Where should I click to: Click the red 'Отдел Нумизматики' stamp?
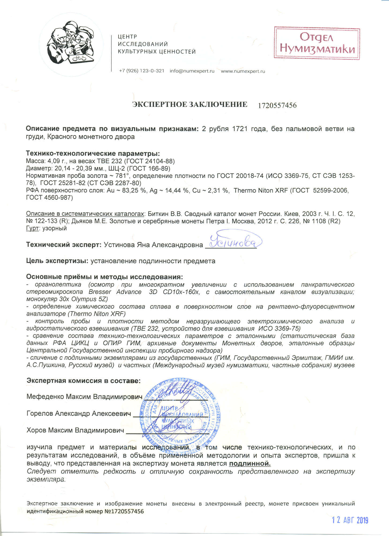tap(317, 43)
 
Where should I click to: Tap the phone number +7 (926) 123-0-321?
tap(141, 71)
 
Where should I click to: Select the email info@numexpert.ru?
tap(192, 71)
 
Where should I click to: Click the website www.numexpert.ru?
tap(243, 71)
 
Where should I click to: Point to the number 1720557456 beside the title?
tap(277, 105)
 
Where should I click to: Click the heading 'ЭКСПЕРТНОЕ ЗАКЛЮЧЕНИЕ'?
tap(190, 105)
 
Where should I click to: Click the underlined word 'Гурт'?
tap(32, 228)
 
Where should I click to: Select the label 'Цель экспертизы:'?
tap(57, 261)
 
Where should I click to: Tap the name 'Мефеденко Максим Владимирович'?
tap(84, 397)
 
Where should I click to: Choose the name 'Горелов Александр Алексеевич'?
tap(79, 414)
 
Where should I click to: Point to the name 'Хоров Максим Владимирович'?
tap(75, 430)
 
